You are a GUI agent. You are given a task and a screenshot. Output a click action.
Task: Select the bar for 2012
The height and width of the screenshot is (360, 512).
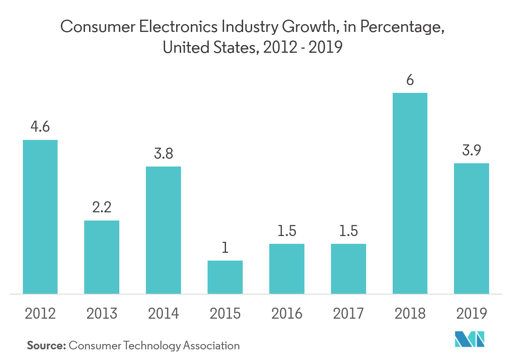point(40,217)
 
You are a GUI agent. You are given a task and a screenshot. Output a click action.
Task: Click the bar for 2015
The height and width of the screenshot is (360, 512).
point(225,277)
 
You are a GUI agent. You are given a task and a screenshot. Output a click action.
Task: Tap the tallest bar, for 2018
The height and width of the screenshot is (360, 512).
point(410,193)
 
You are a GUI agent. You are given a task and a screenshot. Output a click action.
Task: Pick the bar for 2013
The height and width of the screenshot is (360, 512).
point(102,257)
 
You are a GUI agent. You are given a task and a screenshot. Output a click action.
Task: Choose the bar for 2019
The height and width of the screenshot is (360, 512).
point(472,228)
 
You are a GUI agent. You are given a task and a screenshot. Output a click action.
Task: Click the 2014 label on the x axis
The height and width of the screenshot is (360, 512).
point(163,314)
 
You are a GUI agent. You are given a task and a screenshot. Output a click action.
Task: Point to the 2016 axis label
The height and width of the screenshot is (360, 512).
point(287,314)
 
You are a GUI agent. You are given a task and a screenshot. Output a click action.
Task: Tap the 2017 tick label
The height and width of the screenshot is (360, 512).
point(348,314)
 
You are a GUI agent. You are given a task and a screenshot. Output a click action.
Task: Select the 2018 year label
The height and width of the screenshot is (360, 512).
point(410,314)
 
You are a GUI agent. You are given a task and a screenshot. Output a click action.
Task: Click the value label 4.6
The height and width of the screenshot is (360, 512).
point(40,127)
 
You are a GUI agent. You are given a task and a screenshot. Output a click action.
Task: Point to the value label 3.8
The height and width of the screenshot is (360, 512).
point(163,154)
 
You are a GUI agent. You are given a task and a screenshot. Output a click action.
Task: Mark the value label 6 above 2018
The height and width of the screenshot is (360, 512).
point(410,80)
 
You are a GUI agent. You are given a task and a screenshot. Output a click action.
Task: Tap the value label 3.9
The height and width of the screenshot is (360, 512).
point(472,151)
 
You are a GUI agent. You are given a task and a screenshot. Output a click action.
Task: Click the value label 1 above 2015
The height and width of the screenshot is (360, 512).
point(225,248)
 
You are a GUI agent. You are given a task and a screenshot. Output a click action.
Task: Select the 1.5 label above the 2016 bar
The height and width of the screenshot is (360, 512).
point(287,231)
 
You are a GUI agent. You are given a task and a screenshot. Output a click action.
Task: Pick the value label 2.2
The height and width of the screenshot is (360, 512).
point(102,208)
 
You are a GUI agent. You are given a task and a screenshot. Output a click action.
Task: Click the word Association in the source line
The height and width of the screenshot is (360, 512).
point(211,346)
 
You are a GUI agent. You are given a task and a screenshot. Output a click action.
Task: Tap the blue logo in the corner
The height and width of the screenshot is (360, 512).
point(470,339)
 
